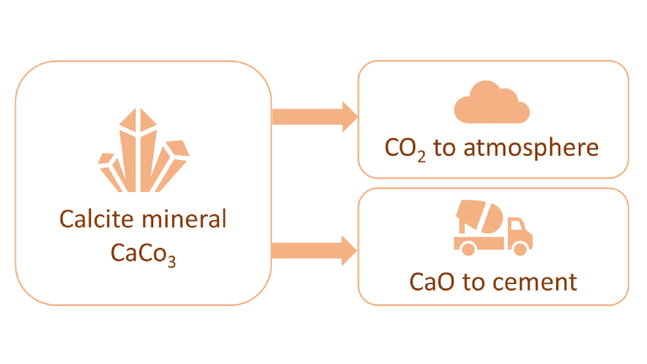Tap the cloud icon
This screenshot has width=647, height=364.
(492, 104)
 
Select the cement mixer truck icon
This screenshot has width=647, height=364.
(492, 227)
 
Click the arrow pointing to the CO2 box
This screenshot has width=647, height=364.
(313, 115)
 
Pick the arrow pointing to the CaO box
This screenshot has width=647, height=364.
(313, 249)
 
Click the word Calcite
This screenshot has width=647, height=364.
(93, 219)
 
